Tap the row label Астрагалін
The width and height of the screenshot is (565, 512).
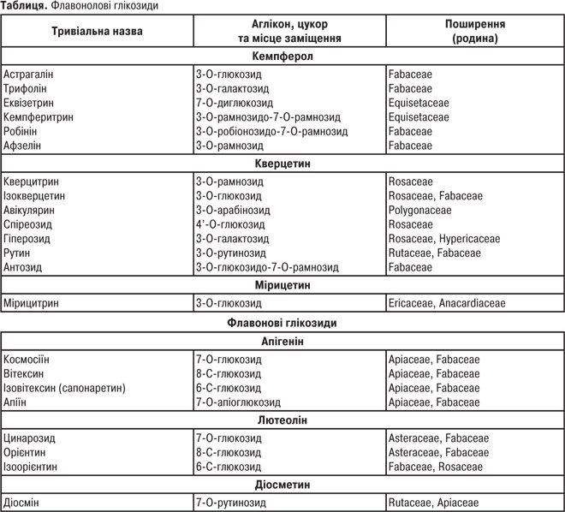(x=28, y=74)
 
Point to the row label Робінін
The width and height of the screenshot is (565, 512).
(x=21, y=132)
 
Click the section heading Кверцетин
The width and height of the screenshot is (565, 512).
(x=282, y=163)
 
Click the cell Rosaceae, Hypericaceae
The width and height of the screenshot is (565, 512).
(x=443, y=239)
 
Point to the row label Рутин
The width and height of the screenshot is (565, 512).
(x=17, y=253)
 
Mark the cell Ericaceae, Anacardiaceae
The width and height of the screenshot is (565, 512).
(x=446, y=303)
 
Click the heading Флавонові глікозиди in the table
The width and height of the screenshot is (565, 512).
(x=282, y=324)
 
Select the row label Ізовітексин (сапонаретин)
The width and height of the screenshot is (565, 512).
(x=64, y=388)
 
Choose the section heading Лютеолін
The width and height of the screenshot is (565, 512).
(x=282, y=420)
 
